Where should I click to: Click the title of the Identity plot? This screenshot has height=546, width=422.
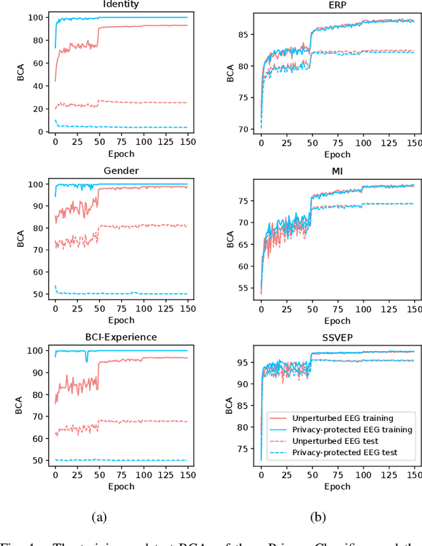click(121, 4)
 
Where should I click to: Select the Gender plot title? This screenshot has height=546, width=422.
click(121, 171)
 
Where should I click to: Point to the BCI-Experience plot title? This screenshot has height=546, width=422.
click(121, 337)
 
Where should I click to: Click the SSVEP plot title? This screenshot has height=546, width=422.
click(337, 337)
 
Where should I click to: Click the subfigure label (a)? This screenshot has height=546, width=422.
click(100, 518)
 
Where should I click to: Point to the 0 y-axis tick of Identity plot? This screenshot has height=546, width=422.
click(42, 132)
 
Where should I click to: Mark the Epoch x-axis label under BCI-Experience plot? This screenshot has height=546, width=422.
click(121, 486)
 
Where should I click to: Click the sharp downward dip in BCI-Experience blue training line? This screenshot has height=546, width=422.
click(86, 360)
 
